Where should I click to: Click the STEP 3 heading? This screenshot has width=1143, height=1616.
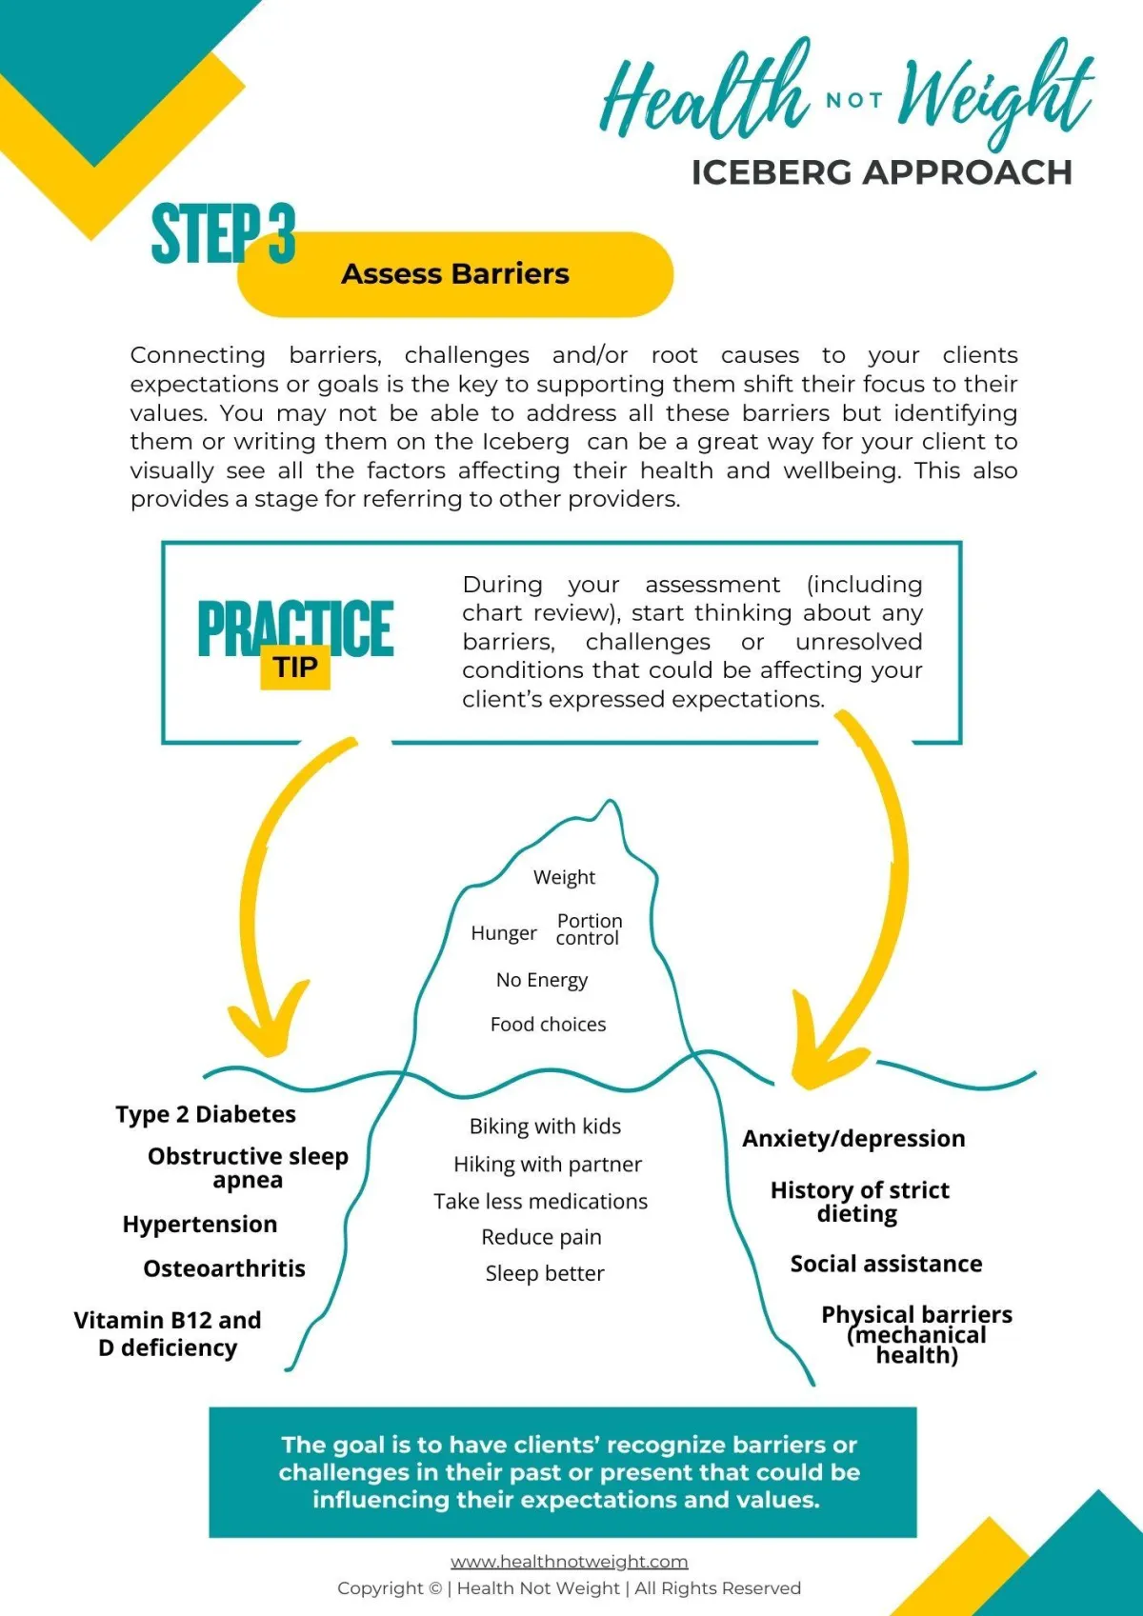223,233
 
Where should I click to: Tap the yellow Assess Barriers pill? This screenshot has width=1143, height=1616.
455,274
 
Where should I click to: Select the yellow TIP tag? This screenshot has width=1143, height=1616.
295,668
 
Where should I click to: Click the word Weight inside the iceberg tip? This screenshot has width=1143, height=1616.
564,877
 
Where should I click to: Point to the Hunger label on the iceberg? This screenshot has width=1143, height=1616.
504,933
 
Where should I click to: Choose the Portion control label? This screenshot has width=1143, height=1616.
589,929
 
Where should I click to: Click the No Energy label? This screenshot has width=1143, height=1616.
542,980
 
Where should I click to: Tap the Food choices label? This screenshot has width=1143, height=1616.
548,1025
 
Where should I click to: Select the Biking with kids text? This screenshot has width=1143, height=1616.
545,1127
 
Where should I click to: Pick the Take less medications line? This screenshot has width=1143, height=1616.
540,1202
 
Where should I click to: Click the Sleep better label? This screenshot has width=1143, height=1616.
545,1274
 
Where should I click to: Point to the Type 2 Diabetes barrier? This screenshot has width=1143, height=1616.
206,1114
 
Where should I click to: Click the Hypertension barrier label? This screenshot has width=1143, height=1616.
200,1225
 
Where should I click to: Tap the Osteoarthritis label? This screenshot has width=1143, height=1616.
225,1268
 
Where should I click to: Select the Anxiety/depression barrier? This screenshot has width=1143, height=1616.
853,1139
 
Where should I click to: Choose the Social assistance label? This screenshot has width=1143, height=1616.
886,1264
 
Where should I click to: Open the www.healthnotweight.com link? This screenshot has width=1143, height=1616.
570,1562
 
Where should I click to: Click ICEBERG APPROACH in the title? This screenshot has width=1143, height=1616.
881,173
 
